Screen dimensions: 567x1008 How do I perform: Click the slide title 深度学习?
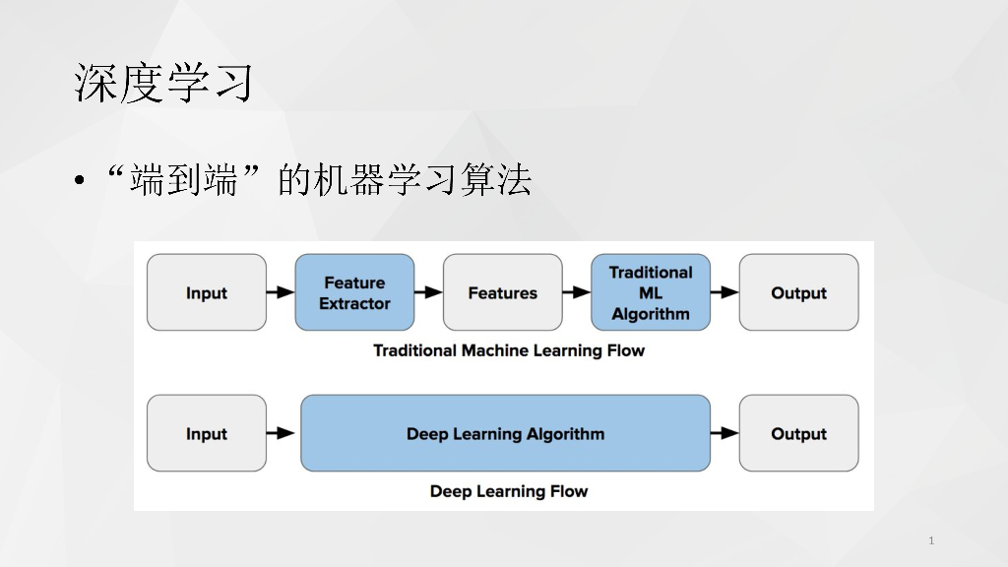(x=162, y=84)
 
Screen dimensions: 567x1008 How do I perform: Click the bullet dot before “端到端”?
(x=79, y=180)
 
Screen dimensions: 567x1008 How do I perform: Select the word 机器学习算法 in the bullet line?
(x=421, y=180)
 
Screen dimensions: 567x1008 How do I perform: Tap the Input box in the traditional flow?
(x=207, y=292)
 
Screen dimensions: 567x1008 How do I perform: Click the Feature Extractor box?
(x=354, y=292)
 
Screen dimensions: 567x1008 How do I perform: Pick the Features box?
(x=502, y=292)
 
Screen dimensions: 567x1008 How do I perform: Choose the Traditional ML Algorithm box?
(x=651, y=292)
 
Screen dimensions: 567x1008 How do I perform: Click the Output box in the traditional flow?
(x=798, y=292)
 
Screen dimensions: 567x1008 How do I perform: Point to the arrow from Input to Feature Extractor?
(x=281, y=292)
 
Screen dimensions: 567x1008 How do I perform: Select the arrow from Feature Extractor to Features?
(x=428, y=292)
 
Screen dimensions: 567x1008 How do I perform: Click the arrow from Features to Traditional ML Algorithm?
(x=577, y=292)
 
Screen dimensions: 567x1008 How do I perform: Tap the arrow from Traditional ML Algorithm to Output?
(x=724, y=292)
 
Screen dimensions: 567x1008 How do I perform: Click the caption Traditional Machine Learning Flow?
(x=509, y=350)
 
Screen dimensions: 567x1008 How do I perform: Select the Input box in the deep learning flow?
(x=207, y=433)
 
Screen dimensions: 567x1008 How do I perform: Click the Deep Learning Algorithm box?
(x=505, y=433)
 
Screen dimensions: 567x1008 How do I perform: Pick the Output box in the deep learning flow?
(x=798, y=433)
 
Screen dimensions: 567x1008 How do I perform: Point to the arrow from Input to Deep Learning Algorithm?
(x=282, y=433)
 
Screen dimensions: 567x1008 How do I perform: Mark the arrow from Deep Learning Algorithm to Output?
(x=724, y=433)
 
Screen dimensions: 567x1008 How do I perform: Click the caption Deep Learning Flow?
(x=509, y=491)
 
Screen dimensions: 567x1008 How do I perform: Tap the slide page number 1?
(x=931, y=540)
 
